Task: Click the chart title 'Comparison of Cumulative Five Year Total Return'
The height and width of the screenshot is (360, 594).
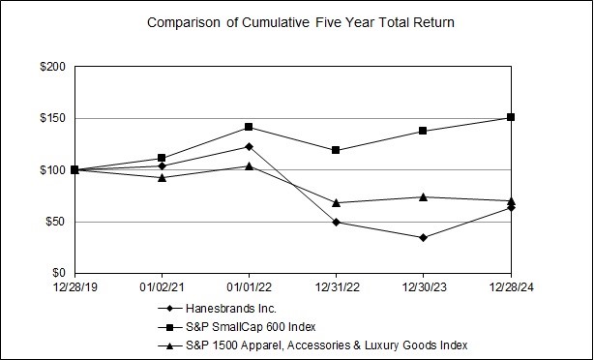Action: pos(297,21)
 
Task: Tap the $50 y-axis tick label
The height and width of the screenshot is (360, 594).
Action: pos(55,222)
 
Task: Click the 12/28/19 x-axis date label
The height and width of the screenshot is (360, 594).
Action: pos(74,287)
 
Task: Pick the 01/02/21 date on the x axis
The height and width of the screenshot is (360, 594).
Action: pos(161,287)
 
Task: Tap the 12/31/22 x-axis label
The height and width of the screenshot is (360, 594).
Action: pos(336,287)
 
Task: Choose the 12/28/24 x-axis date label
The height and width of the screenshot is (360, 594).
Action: pos(510,287)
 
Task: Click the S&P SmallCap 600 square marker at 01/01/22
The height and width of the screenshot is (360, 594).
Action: pos(249,127)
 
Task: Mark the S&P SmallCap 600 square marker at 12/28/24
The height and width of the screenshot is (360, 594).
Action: pos(511,117)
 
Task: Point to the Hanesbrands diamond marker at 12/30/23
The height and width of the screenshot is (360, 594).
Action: pos(423,237)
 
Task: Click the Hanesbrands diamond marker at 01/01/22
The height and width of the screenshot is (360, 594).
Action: pos(249,146)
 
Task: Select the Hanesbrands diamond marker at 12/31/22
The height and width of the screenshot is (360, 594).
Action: pos(336,222)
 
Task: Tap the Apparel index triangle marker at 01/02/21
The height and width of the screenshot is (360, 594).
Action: pos(162,177)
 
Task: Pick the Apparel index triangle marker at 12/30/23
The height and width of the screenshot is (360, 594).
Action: pos(423,196)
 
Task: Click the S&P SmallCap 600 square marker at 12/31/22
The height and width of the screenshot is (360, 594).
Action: pos(336,150)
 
